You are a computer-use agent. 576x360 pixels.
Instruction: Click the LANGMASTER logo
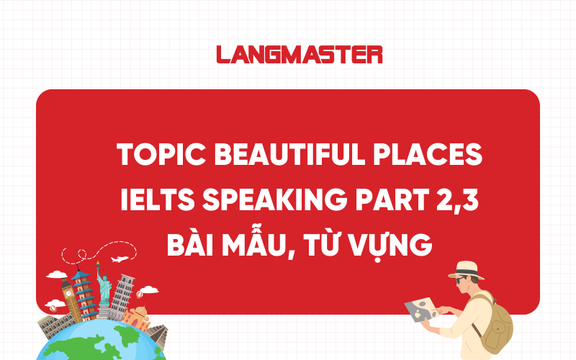click(x=299, y=54)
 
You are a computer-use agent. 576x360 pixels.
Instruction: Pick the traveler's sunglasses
click(x=462, y=280)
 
